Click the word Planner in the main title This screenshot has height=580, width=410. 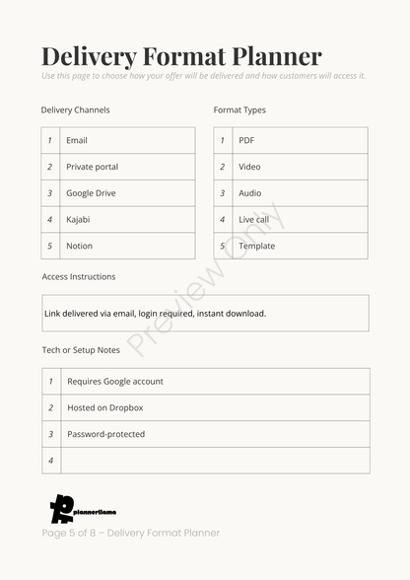point(271,56)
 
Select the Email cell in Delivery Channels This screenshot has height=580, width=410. point(77,141)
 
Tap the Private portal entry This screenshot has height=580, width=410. point(92,168)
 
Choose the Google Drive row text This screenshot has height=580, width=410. point(91,193)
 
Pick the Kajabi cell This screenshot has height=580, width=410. point(78,220)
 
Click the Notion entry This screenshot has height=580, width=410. point(79,247)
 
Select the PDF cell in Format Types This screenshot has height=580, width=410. point(246,141)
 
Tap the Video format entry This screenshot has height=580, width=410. point(249,168)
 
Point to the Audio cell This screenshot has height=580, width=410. point(250,193)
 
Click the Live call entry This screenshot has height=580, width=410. point(253,220)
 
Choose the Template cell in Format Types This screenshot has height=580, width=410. point(256,247)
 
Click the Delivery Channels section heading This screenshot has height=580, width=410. point(76,110)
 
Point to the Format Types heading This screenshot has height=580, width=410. point(239,110)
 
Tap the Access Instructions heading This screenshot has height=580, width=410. point(79,277)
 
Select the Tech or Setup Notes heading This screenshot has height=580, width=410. point(81,350)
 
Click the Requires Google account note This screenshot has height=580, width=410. point(115,382)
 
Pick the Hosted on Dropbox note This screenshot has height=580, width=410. point(104,408)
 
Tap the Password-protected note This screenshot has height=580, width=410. point(105,435)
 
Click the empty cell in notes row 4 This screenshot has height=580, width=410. point(215,461)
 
